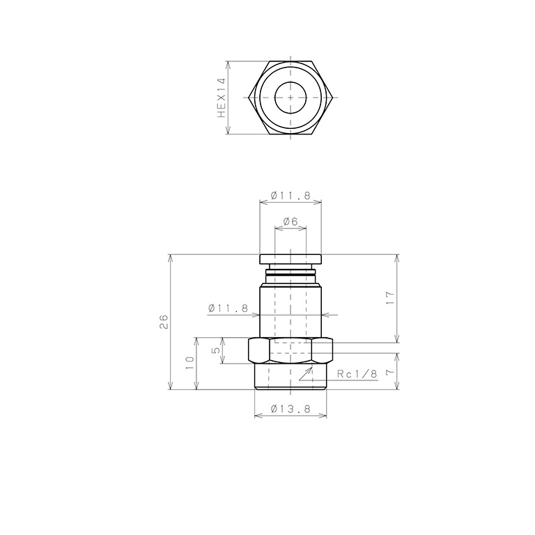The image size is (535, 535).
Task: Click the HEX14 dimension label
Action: (222, 98)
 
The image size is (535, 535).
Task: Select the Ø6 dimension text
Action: (290, 222)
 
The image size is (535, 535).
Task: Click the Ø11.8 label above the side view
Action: (290, 196)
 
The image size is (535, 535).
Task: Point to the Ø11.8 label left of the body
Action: (228, 308)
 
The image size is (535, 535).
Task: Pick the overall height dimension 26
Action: (164, 321)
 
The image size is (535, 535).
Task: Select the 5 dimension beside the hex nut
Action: (216, 350)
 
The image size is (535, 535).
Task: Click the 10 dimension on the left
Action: (190, 364)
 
